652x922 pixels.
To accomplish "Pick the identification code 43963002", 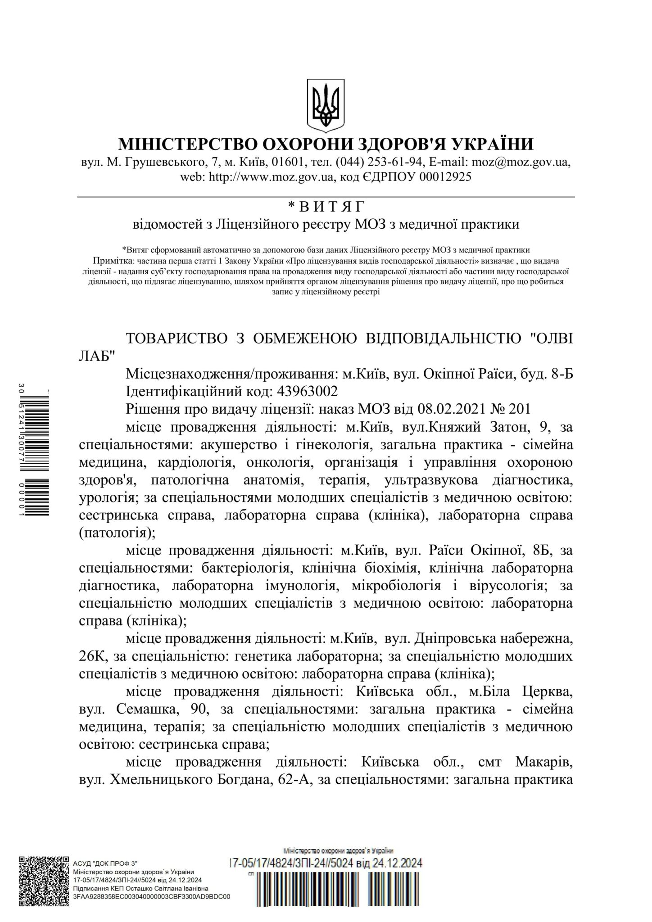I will click(311, 390).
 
